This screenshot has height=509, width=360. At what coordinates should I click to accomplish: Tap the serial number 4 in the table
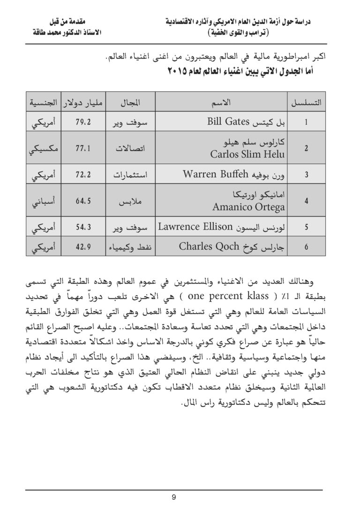point(306,202)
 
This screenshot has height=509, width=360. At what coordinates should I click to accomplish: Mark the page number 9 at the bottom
point(173,498)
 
